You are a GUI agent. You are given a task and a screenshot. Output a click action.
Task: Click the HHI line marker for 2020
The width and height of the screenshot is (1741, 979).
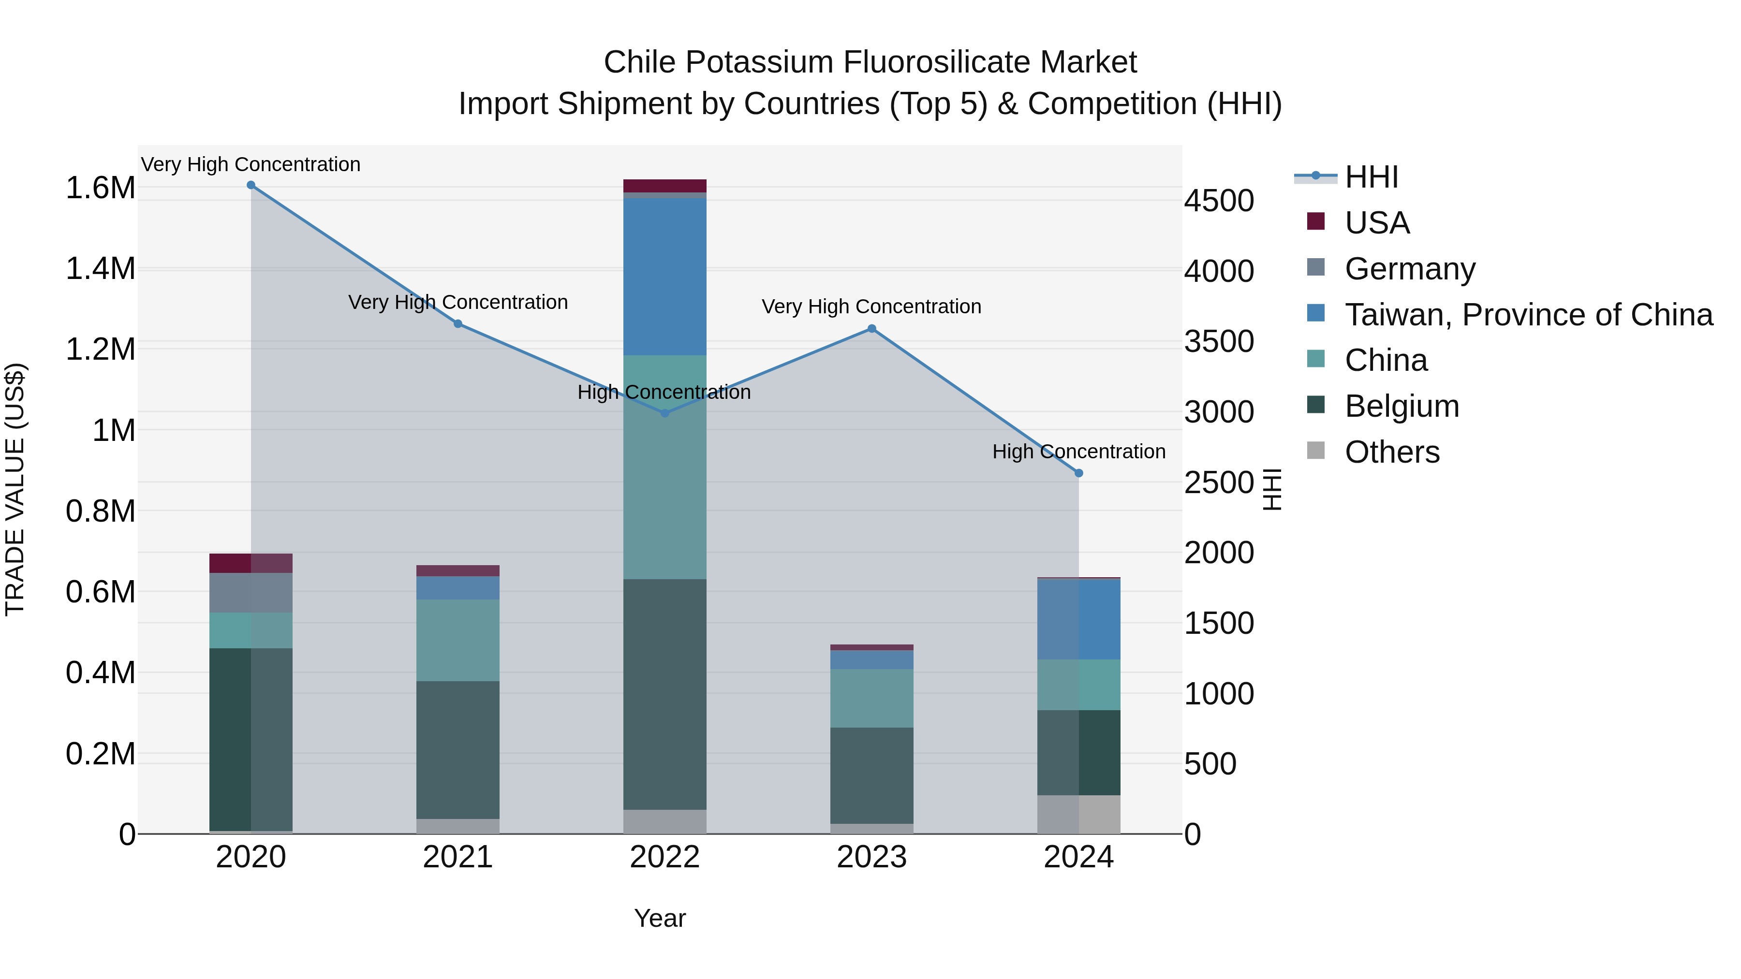251,185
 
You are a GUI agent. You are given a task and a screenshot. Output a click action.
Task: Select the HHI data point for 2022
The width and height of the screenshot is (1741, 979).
664,413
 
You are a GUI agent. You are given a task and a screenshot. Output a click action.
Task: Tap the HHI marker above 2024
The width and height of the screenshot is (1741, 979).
1078,473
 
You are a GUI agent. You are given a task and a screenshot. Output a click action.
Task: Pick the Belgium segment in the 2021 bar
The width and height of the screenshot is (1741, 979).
457,749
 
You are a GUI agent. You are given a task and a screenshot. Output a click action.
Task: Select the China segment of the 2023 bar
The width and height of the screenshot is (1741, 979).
871,698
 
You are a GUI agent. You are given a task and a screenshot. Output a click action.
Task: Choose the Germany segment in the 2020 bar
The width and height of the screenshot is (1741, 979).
251,593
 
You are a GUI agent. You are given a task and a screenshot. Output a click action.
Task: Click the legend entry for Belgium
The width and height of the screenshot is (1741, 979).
1401,406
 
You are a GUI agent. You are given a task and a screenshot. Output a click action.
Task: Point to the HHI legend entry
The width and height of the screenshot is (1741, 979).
1371,177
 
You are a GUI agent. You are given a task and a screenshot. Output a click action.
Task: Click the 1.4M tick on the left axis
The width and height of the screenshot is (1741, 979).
100,269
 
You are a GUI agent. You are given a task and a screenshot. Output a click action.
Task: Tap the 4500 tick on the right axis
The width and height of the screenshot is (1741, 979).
1219,201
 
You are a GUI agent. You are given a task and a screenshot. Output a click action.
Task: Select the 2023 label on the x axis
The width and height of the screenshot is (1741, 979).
871,857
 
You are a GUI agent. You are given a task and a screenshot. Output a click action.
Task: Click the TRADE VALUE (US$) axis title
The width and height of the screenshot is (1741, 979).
15,489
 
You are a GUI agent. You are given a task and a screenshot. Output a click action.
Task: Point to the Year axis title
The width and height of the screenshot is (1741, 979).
660,918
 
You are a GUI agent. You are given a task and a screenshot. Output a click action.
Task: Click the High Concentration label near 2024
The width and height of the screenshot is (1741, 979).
1078,452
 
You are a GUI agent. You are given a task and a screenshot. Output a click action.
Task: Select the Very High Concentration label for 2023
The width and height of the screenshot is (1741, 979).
871,307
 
